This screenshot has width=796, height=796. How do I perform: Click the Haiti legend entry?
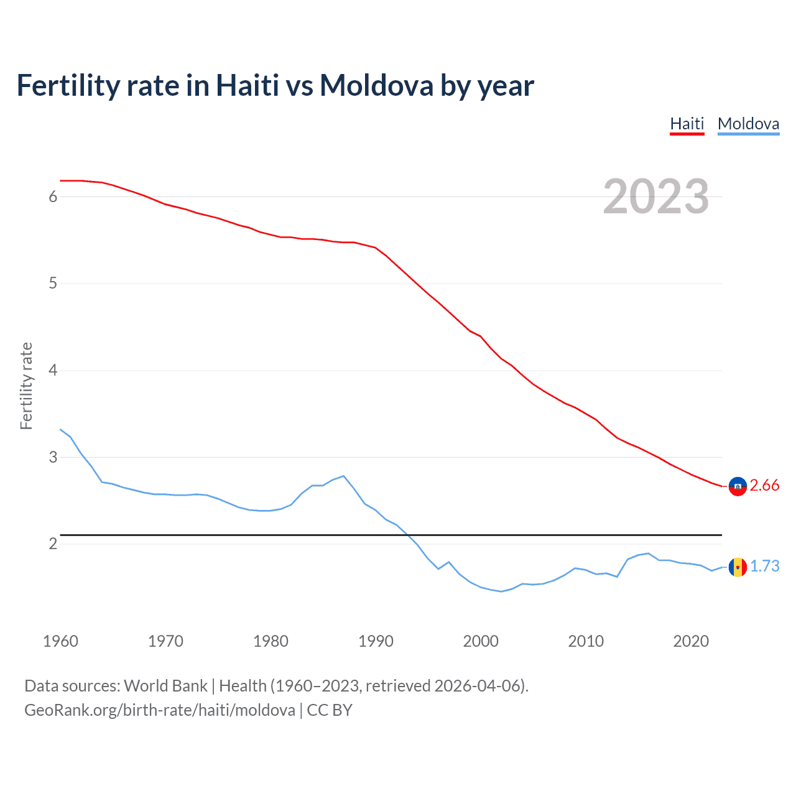(687, 124)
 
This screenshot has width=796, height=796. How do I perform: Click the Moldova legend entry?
(748, 124)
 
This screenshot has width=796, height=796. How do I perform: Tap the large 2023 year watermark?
(655, 197)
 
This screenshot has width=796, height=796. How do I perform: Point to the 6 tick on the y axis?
(53, 197)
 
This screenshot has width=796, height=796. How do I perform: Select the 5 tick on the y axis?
(53, 284)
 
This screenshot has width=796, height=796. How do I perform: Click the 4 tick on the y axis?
(53, 371)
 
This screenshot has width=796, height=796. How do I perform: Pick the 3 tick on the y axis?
(53, 457)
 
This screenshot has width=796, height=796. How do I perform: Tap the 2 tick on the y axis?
(53, 544)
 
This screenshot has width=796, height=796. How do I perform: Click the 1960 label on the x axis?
(60, 641)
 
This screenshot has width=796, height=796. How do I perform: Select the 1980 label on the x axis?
(271, 641)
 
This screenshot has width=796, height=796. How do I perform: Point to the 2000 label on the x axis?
(481, 641)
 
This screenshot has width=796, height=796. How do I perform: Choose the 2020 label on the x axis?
(691, 641)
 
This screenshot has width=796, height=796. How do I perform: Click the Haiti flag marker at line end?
(738, 486)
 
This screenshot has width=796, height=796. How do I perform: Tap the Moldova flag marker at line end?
(738, 567)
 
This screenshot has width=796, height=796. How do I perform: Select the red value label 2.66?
(764, 486)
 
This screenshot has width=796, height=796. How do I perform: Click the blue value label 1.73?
(764, 567)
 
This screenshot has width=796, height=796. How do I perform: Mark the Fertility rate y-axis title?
(26, 386)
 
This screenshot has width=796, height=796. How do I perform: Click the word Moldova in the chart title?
(376, 85)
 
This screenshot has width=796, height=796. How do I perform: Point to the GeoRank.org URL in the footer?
(160, 710)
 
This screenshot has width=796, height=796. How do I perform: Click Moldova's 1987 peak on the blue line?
(343, 476)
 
